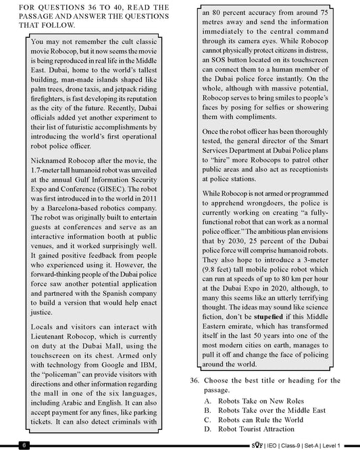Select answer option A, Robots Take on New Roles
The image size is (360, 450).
click(259, 401)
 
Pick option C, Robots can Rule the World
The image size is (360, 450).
click(261, 420)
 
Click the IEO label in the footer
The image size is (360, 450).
click(273, 445)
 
